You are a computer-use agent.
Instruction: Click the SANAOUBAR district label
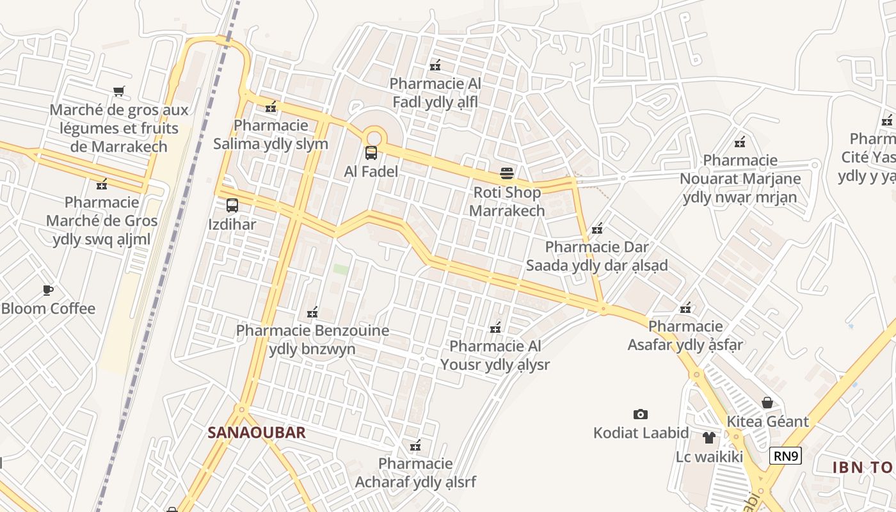coord(257,433)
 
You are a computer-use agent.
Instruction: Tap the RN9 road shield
coord(785,456)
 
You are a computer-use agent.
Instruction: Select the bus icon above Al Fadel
coord(371,153)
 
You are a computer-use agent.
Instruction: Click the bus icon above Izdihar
coord(232,205)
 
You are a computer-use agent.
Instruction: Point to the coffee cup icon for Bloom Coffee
coord(48,290)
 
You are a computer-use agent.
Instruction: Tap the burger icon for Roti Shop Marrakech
coord(507,173)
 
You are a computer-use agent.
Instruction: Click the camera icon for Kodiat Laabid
coord(640,414)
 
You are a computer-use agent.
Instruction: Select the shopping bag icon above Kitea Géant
coord(767,403)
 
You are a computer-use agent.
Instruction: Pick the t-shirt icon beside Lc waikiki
coord(709,438)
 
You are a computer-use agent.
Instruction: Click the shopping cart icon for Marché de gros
coord(118,91)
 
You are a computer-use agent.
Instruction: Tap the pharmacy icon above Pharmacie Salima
coord(271,107)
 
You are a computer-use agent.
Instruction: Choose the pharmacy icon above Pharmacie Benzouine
coord(312,312)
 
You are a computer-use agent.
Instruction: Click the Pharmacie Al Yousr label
coord(495,355)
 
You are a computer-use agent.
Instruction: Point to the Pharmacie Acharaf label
coord(415,472)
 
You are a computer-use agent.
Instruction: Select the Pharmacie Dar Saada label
coord(596,256)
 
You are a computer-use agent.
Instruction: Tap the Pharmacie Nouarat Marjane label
coord(740,179)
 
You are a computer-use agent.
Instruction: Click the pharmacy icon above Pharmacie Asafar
coord(685,308)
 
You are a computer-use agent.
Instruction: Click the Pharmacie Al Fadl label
coord(435,93)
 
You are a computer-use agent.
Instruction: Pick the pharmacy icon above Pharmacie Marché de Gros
coord(102,185)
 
